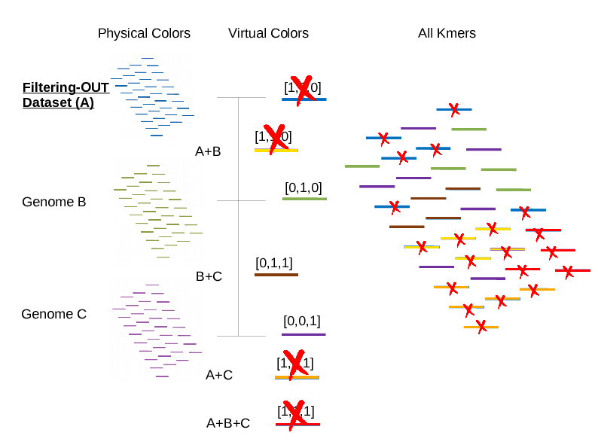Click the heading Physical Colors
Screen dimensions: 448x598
(144, 33)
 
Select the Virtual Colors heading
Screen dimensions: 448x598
(268, 33)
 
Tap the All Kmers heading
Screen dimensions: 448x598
(447, 33)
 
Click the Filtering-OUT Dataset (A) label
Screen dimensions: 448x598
(65, 96)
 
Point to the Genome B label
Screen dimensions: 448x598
(53, 202)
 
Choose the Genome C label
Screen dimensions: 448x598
(53, 314)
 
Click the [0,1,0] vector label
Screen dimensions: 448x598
(303, 187)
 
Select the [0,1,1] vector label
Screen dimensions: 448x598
(274, 263)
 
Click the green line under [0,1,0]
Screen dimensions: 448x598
(304, 199)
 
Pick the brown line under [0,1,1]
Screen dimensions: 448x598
(276, 275)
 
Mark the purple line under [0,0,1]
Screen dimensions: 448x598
(304, 334)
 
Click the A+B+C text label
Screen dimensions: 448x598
(228, 423)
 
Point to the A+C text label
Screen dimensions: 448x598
(219, 374)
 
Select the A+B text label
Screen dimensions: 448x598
(208, 151)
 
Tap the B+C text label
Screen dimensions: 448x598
(209, 276)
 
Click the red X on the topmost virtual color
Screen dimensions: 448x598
(303, 89)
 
